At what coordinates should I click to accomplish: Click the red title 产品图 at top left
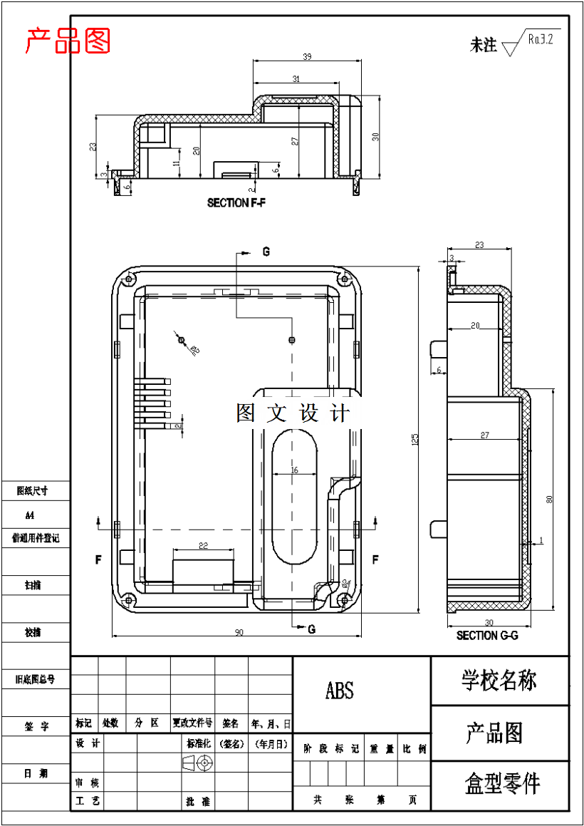[68, 41]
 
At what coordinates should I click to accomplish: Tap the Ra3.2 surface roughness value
[541, 38]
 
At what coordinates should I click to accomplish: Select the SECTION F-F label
[236, 203]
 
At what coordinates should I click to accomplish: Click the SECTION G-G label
[487, 635]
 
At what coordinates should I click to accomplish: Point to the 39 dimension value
[307, 56]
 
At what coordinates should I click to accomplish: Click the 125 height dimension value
[414, 440]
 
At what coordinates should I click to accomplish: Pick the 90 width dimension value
[239, 632]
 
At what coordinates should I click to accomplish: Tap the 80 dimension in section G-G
[549, 499]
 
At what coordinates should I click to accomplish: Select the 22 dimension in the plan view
[203, 546]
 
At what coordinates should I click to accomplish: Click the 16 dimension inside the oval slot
[294, 470]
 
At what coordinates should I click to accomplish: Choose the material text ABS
[339, 690]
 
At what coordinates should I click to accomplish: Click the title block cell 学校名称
[499, 680]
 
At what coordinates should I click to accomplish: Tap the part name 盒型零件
[502, 784]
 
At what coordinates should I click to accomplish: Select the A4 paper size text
[29, 515]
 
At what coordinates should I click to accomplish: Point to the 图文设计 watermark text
[293, 413]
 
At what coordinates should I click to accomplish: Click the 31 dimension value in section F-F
[296, 78]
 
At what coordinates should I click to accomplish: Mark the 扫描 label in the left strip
[33, 585]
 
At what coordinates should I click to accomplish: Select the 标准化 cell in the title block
[198, 743]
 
